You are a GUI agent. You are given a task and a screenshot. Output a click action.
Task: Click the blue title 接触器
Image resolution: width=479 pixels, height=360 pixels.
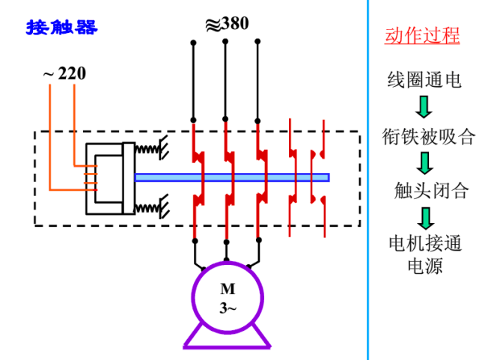[62, 28]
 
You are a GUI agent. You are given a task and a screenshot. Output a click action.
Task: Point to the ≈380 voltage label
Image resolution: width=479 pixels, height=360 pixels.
[227, 23]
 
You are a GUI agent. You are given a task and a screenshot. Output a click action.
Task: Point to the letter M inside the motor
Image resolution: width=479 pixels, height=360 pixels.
[227, 289]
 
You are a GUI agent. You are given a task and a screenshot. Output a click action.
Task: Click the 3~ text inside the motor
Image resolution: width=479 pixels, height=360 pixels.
[227, 307]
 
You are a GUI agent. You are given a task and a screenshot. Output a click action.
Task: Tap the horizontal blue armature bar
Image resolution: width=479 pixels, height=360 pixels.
[232, 177]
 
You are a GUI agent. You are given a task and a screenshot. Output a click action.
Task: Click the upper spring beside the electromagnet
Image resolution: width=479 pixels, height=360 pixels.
[149, 149]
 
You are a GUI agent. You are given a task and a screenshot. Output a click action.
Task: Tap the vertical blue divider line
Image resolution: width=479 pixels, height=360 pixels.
[368, 180]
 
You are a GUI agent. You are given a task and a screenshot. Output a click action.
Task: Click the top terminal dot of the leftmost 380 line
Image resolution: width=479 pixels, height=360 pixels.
[193, 43]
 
